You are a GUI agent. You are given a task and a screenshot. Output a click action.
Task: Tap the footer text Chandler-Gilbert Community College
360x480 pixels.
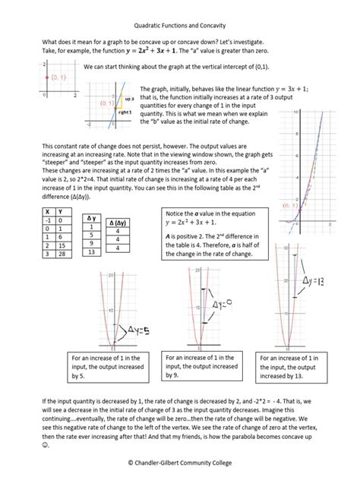click(x=179, y=462)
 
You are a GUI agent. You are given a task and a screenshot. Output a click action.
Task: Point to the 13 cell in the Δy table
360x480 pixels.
click(x=92, y=252)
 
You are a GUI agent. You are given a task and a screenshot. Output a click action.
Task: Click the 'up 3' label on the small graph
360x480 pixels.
click(x=128, y=99)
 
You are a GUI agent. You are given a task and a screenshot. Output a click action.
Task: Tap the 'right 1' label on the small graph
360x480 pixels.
click(x=127, y=112)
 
